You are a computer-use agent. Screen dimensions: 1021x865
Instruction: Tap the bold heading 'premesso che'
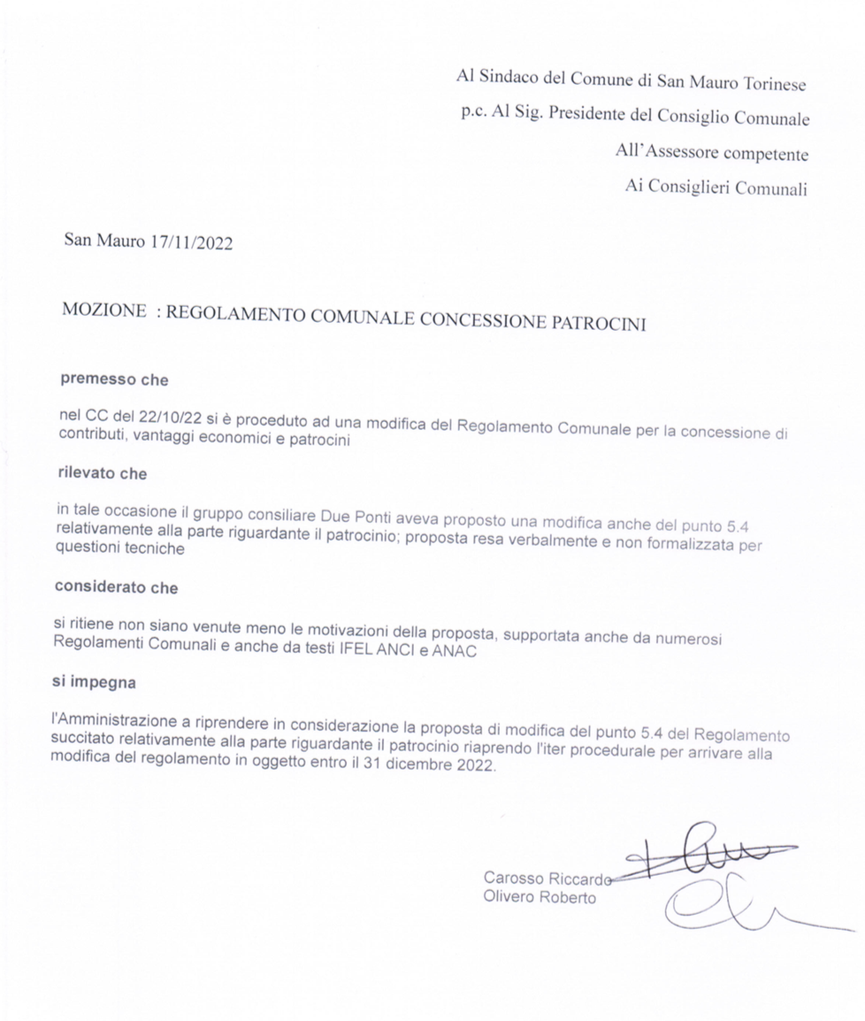point(113,380)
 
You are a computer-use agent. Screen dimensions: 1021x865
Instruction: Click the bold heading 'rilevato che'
point(102,473)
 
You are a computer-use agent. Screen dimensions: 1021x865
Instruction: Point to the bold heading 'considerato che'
point(116,587)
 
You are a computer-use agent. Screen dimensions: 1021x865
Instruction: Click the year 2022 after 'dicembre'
point(476,766)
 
